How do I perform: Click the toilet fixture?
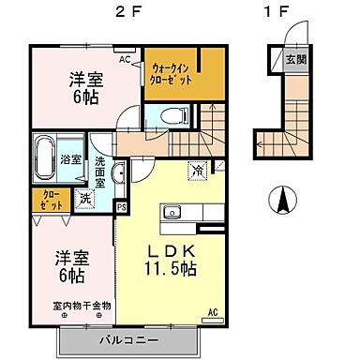pyautogui.click(x=172, y=116)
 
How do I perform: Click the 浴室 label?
pyautogui.click(x=71, y=159)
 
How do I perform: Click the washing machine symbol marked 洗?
pyautogui.click(x=84, y=198)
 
